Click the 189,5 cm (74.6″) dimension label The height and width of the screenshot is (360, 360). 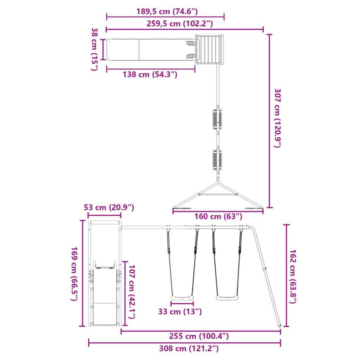tap(167, 11)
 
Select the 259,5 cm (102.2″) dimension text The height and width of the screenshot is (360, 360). tap(180, 24)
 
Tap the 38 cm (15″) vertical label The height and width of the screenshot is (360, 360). tap(94, 49)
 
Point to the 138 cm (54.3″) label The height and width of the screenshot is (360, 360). tap(150, 74)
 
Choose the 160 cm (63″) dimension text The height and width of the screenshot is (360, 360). tap(218, 217)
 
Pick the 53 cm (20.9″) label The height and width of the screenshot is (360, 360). tap(109, 207)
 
